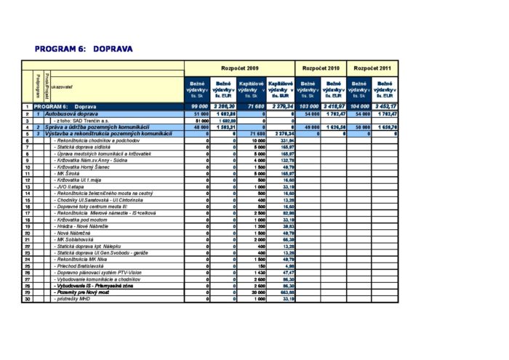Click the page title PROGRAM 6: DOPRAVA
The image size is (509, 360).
83,49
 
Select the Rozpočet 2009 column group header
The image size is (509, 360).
239,66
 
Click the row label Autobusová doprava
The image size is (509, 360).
68,114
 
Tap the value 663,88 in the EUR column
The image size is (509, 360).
284,292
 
